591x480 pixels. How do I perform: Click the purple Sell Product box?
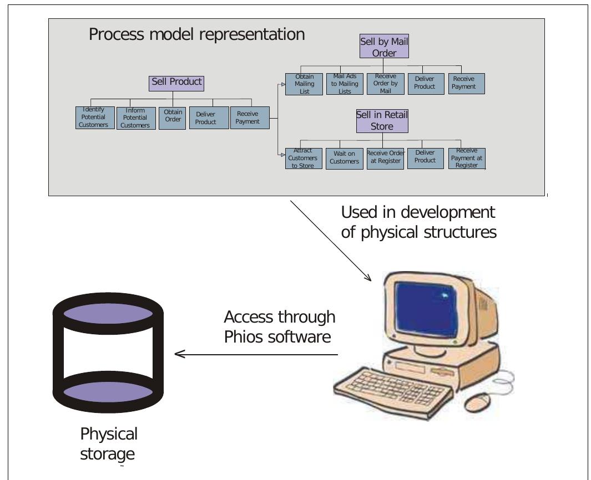click(177, 83)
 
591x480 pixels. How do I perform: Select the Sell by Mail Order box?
click(384, 47)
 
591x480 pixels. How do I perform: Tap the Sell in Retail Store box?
click(382, 121)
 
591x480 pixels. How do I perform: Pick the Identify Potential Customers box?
click(94, 118)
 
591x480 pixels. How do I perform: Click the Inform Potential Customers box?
click(135, 118)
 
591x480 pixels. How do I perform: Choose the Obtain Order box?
click(173, 118)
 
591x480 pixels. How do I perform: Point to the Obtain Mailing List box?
click(304, 84)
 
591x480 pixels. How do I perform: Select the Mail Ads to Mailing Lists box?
click(345, 84)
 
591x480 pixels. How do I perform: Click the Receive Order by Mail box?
click(385, 84)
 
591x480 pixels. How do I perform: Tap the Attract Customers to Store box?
click(303, 159)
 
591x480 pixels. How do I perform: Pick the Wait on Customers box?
click(344, 159)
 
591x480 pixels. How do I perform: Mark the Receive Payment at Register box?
click(466, 159)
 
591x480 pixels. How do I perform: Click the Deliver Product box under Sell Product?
click(206, 118)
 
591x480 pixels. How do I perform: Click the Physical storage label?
click(108, 444)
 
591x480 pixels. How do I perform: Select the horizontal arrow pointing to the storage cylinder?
click(255, 354)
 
